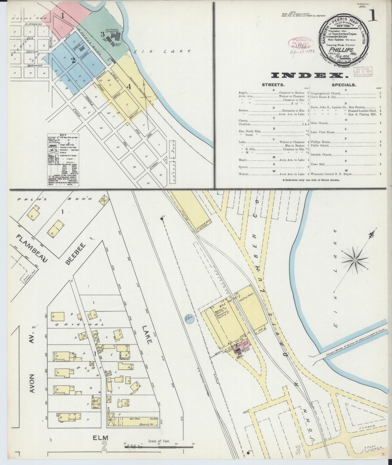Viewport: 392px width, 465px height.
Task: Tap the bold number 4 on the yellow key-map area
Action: (x=130, y=87)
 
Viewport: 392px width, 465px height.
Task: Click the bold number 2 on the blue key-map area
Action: (x=73, y=60)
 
